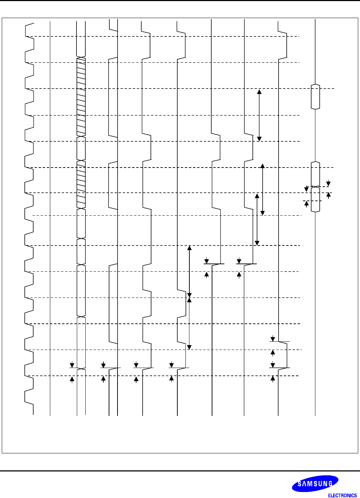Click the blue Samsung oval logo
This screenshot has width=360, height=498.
[x=315, y=483]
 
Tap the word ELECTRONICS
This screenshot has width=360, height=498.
[x=342, y=495]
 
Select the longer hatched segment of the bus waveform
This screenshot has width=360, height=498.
[x=81, y=96]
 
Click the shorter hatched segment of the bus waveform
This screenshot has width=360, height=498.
[x=81, y=185]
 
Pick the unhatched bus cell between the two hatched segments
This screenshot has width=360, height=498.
[x=81, y=148]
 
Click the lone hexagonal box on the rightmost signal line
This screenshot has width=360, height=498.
[x=315, y=97]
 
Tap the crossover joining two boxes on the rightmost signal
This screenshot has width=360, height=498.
[x=315, y=187]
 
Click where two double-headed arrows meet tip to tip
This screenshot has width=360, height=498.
[x=189, y=298]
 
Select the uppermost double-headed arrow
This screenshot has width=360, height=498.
[x=259, y=115]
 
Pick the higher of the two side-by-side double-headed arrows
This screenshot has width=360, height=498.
[x=262, y=189]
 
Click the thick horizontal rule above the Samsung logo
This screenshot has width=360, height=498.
[x=180, y=471]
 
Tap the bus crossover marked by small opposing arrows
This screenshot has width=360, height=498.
[x=81, y=368]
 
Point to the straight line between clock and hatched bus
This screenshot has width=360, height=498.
[x=50, y=213]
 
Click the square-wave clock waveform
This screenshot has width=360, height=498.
[x=29, y=213]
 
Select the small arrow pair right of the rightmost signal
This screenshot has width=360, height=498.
[x=328, y=189]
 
